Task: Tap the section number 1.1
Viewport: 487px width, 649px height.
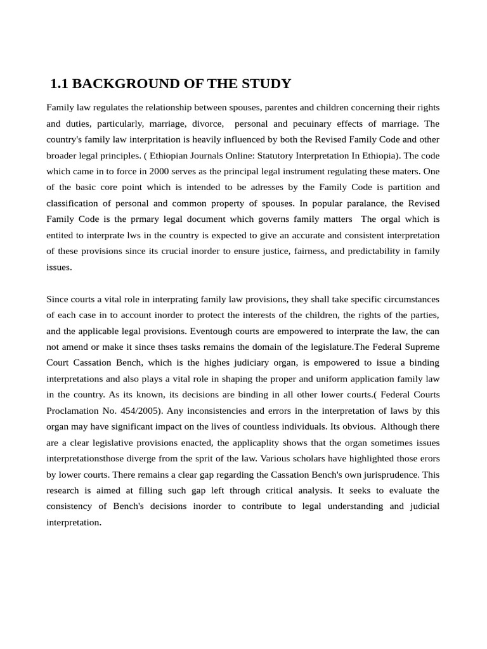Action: click(60, 84)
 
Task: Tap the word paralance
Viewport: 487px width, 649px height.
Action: click(380, 203)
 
